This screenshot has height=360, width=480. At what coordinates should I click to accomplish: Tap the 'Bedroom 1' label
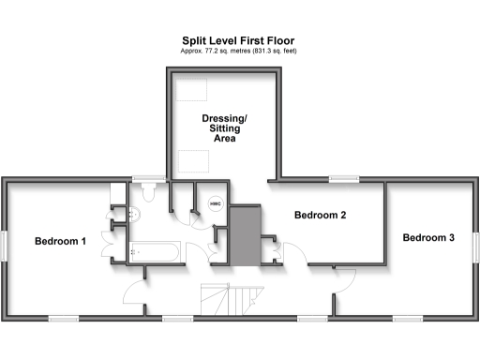click(61, 241)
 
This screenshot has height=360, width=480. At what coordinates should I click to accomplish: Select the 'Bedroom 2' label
click(321, 216)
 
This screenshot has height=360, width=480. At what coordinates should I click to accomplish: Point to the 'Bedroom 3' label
click(428, 238)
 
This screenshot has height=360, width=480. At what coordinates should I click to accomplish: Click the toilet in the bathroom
click(147, 193)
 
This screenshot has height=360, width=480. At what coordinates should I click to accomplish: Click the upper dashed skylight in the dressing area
click(194, 89)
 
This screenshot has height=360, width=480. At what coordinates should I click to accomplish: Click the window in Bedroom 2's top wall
click(343, 178)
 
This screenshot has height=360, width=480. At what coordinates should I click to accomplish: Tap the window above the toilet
click(145, 178)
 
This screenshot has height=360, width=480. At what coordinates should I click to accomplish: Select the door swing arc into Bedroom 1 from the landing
click(133, 295)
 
